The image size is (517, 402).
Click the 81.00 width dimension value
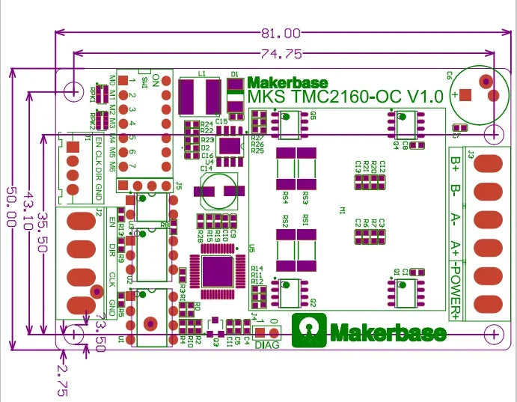tap(281, 34)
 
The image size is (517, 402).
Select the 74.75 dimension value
tap(282, 54)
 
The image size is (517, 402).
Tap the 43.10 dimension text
tap(28, 207)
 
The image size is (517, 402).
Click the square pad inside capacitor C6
tap(465, 95)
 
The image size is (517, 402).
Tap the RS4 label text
tap(285, 198)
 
